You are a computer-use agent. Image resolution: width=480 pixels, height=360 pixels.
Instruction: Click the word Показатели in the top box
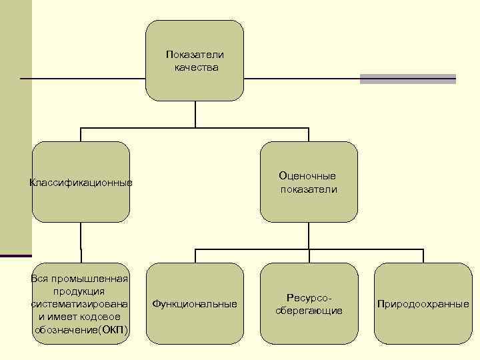click(195, 55)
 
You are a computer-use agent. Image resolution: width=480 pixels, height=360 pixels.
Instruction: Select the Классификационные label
click(81, 183)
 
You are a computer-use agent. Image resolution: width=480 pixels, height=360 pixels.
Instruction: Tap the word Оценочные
click(307, 176)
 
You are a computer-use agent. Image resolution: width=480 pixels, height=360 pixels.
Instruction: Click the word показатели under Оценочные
click(309, 189)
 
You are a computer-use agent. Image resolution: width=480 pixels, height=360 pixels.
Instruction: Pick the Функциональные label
click(195, 304)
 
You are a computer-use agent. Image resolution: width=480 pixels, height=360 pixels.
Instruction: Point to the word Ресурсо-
click(309, 297)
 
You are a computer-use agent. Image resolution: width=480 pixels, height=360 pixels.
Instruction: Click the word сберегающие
click(309, 311)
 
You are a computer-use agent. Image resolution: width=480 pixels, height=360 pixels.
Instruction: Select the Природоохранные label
click(423, 304)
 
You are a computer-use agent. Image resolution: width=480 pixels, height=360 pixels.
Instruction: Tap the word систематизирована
click(80, 304)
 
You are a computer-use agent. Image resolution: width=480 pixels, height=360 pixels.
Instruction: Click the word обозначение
click(66, 331)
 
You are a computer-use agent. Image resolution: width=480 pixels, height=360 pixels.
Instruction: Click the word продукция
click(80, 291)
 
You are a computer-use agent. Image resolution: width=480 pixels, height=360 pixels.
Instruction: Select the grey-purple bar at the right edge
click(408, 79)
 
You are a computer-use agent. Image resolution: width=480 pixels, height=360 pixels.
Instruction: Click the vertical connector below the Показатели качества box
click(195, 114)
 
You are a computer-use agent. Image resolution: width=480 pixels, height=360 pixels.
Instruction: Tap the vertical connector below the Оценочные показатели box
click(309, 236)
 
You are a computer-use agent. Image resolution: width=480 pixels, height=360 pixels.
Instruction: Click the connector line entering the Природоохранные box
click(423, 256)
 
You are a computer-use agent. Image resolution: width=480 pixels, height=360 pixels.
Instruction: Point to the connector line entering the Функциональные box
click(195, 256)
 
